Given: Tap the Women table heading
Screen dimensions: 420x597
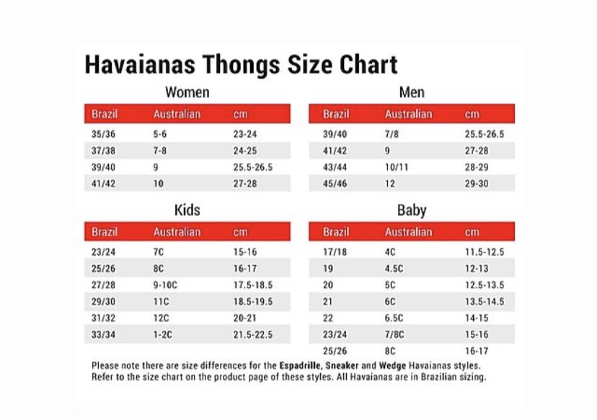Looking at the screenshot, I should click(x=187, y=92).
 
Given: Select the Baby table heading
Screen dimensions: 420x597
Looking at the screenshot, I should click(x=411, y=210).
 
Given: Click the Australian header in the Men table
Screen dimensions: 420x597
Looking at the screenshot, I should click(x=408, y=114).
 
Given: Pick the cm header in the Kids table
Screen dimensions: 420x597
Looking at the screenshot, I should click(x=240, y=233).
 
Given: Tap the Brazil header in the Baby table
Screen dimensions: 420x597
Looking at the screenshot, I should click(x=336, y=233).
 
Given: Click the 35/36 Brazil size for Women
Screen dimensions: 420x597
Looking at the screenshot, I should click(x=103, y=134).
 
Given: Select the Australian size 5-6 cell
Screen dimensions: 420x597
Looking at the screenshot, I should click(x=160, y=134).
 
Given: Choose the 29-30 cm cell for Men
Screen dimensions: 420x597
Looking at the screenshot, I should click(x=477, y=184).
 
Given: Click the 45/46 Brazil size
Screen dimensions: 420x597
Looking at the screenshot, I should click(x=335, y=184).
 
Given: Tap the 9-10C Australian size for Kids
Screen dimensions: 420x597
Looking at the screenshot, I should click(x=165, y=285).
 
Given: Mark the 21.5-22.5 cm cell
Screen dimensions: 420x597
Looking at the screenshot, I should click(x=252, y=335).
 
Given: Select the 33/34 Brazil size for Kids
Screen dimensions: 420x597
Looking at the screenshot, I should click(x=103, y=335).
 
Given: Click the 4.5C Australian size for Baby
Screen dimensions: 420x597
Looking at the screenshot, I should click(x=394, y=269).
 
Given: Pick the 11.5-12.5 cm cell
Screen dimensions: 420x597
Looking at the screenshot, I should click(x=484, y=252).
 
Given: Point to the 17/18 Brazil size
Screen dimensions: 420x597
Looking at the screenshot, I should click(x=335, y=252).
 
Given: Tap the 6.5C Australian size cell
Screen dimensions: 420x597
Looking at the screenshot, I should click(x=394, y=318).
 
